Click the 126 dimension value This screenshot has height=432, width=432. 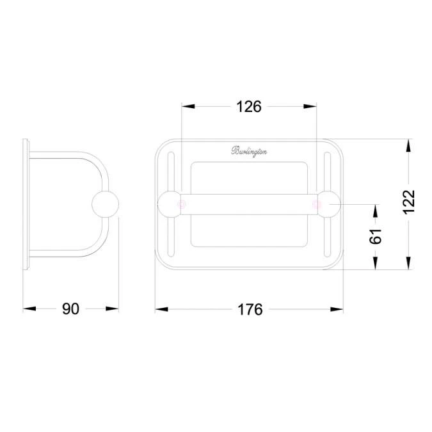[249, 107]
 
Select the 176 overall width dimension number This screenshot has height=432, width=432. [250, 309]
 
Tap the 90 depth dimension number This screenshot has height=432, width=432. [70, 309]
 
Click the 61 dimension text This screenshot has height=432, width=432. [376, 236]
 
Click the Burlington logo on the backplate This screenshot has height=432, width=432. [250, 152]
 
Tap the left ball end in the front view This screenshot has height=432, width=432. [170, 204]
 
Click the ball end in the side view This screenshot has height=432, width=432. [106, 204]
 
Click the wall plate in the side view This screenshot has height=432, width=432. [26, 204]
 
